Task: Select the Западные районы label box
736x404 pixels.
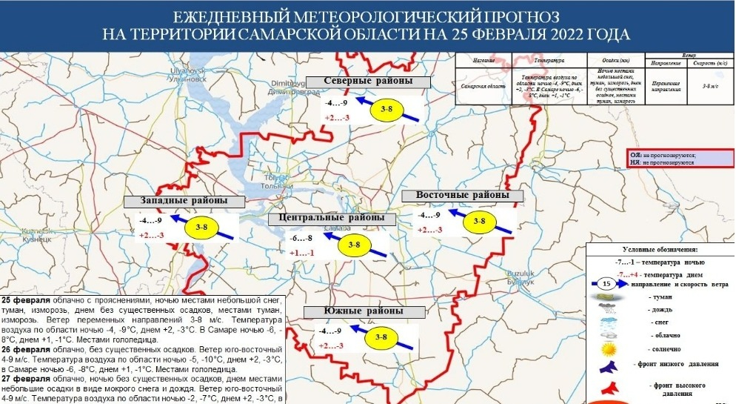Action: [x=184, y=202]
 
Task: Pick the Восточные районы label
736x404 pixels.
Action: [x=462, y=196]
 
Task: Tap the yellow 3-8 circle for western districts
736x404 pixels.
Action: [x=201, y=228]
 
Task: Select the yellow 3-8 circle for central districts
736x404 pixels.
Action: [x=353, y=245]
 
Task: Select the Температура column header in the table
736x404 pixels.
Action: [x=549, y=59]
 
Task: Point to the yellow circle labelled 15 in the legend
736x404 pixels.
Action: [x=607, y=283]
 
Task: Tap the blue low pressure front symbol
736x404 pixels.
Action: [x=609, y=365]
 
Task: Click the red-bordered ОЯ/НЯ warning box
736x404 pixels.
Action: [x=678, y=159]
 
